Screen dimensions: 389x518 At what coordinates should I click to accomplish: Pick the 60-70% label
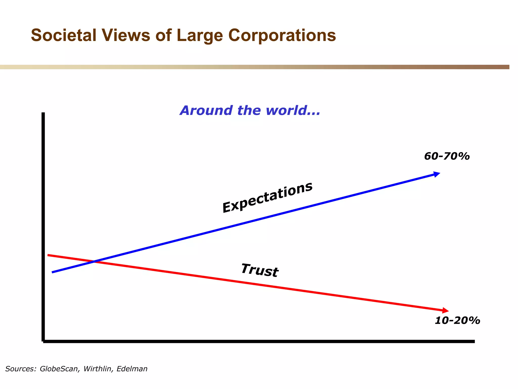click(447, 156)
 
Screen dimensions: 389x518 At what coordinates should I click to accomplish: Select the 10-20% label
click(457, 320)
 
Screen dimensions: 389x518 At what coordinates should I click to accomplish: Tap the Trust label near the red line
click(260, 270)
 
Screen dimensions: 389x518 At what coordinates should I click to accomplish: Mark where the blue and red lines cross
click(94, 261)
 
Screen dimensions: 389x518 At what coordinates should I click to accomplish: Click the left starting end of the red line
click(48, 255)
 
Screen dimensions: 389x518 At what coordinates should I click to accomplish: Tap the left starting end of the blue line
click(52, 272)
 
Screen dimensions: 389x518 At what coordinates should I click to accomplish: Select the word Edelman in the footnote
click(132, 369)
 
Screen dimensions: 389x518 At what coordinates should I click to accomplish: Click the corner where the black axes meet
click(43, 341)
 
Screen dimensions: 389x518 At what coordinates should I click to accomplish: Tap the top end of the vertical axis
click(43, 113)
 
